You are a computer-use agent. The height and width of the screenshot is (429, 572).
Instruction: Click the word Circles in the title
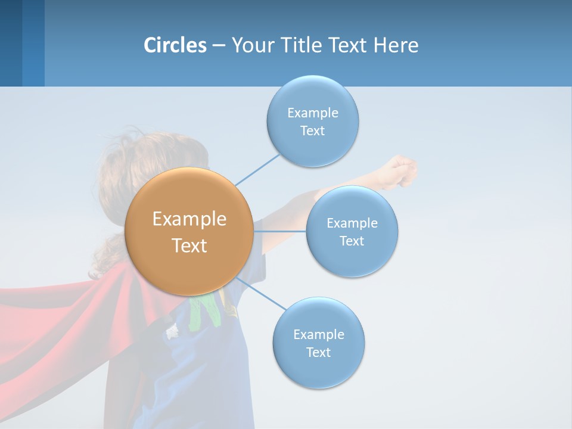[x=175, y=45]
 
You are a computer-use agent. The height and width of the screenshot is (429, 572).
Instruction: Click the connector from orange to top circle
[x=257, y=169]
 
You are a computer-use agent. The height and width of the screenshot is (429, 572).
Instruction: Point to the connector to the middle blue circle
[x=280, y=231]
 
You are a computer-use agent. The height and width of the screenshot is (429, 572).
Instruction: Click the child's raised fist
[x=403, y=169]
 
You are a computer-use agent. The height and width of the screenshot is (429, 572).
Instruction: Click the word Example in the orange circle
[x=189, y=219]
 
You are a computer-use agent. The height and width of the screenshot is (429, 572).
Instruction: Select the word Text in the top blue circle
[x=312, y=131]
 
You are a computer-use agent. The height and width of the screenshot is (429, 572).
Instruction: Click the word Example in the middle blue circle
[x=352, y=223]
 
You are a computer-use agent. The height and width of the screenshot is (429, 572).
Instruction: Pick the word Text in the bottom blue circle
[x=318, y=352]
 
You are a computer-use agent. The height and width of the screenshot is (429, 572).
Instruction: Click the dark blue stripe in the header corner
[x=11, y=43]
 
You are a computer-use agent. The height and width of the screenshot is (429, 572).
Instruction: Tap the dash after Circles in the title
[x=218, y=45]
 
